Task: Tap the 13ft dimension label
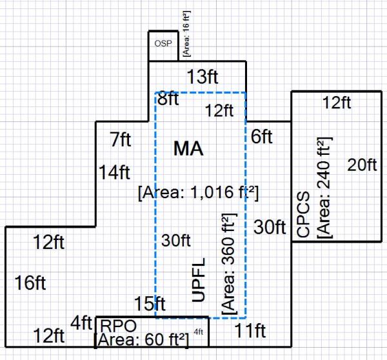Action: (202, 77)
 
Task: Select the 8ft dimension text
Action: (169, 99)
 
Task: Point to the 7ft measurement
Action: (121, 139)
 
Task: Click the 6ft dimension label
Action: (262, 137)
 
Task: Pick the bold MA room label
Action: (188, 149)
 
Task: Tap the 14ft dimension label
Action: (115, 172)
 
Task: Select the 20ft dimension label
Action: (362, 165)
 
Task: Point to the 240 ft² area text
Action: (325, 187)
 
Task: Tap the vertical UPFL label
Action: (199, 280)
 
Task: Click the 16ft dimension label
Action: (31, 282)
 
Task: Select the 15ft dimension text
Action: (150, 303)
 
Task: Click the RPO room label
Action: (114, 325)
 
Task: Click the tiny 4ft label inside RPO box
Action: (199, 333)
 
